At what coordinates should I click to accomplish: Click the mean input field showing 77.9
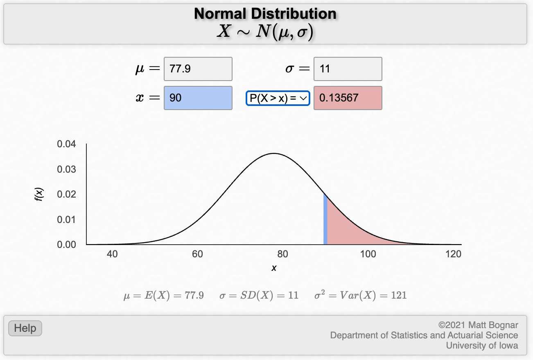coord(198,69)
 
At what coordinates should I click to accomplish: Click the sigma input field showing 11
coord(348,69)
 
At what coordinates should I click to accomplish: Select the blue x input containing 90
coord(198,98)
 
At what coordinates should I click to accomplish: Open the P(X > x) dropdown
coord(278,98)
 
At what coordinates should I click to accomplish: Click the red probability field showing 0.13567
coord(348,98)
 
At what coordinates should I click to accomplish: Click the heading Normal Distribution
coord(265,14)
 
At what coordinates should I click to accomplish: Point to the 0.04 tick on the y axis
coord(66,144)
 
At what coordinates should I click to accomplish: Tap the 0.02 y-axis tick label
coord(66,194)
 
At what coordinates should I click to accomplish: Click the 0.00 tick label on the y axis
coord(66,245)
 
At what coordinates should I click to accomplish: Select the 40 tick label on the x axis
coord(112,254)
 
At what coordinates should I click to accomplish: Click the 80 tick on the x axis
coord(282,254)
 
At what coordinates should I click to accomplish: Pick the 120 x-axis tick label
coord(454,254)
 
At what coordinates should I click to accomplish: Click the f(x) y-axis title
coord(39,194)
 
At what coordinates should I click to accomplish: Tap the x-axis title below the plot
coord(274,268)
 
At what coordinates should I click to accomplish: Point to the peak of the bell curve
coord(274,153)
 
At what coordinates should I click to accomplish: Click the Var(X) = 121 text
coord(361,295)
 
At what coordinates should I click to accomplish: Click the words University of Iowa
coord(482,346)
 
